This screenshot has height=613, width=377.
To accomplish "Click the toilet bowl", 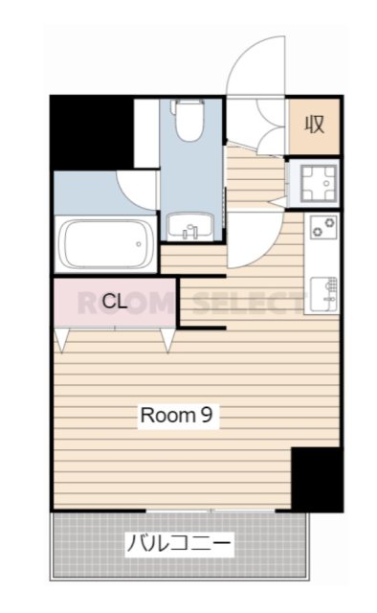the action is pyautogui.click(x=189, y=121).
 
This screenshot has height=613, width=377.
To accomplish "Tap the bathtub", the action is pyautogui.click(x=106, y=243).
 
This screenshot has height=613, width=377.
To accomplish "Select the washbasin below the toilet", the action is pyautogui.click(x=190, y=227).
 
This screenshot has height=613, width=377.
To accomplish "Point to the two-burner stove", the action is pyautogui.click(x=323, y=227).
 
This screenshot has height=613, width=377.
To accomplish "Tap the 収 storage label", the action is pyautogui.click(x=315, y=125).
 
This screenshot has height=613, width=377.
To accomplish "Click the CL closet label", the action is pyautogui.click(x=115, y=302).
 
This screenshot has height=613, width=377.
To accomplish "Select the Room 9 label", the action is pyautogui.click(x=177, y=415).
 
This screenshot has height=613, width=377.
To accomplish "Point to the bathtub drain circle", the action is pyautogui.click(x=139, y=244).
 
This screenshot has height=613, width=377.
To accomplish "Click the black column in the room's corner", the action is pyautogui.click(x=317, y=479).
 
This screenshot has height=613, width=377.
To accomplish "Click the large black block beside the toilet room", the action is pyautogui.click(x=92, y=133).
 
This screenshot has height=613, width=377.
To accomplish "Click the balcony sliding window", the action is pyautogui.click(x=211, y=511).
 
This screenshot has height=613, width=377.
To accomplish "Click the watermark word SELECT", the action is pyautogui.click(x=248, y=304).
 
